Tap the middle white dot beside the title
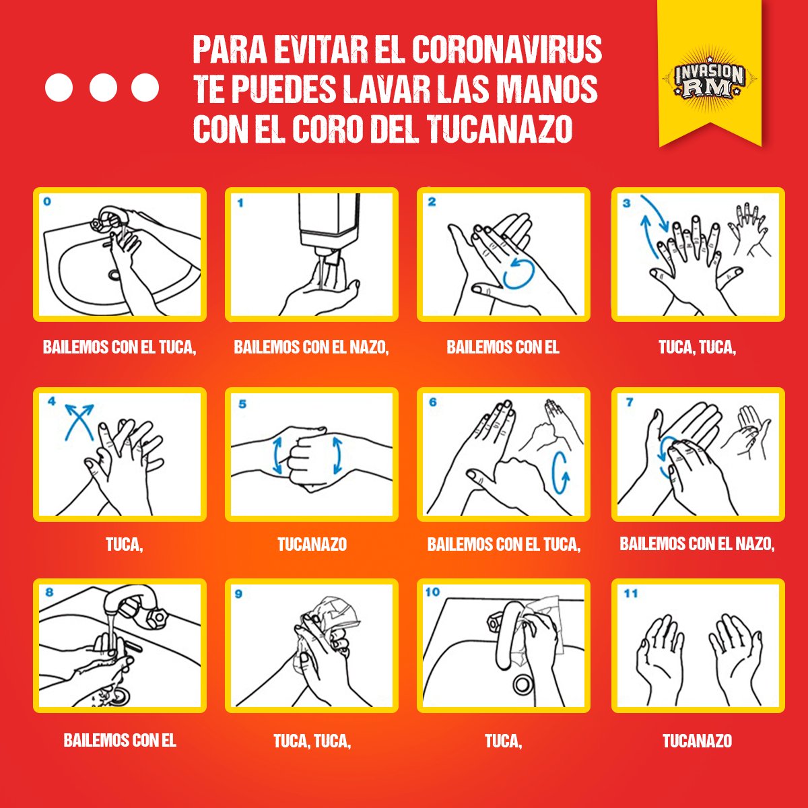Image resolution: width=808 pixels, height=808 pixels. click(x=102, y=88)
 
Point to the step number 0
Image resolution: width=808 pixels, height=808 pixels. click(x=46, y=201)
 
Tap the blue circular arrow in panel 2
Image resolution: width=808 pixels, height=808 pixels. click(x=518, y=273)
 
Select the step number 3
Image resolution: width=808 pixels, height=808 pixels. click(x=626, y=203)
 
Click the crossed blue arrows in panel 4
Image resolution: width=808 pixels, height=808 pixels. click(x=79, y=419)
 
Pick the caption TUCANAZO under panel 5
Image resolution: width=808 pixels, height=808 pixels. click(x=312, y=544)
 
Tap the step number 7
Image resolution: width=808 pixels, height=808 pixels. click(x=629, y=402)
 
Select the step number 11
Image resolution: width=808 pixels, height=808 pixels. click(x=630, y=593)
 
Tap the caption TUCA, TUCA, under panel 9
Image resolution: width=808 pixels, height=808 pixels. click(x=312, y=741)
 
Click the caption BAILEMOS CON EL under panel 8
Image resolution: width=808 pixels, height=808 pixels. click(x=120, y=741)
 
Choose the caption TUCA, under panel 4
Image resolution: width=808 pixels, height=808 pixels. click(x=125, y=544)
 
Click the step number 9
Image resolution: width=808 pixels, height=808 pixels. click(x=238, y=594)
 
